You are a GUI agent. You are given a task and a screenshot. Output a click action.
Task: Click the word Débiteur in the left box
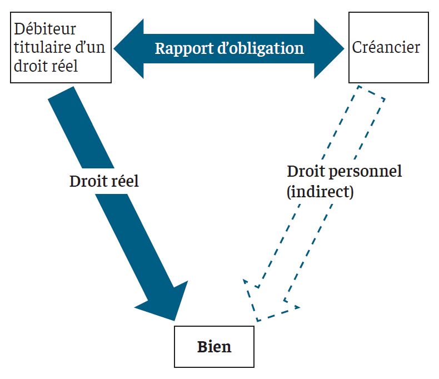coord(45,28)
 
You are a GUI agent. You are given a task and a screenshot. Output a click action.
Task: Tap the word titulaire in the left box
coord(41,47)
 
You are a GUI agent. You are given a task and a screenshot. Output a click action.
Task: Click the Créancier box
coord(388,47)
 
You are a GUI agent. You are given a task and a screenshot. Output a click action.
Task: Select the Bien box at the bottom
coord(214,347)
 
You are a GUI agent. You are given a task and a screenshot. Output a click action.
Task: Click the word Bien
coord(214,347)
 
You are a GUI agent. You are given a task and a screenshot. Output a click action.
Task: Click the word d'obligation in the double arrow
coord(261,48)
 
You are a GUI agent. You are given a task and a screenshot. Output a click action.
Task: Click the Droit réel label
coord(104,181)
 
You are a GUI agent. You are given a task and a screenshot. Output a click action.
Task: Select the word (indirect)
coord(320,192)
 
